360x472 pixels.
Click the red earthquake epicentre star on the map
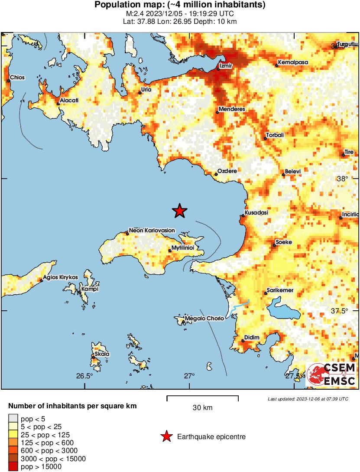coord(179,211)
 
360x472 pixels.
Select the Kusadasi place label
coord(256,213)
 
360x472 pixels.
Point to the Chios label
coord(18,78)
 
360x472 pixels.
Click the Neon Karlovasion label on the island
coord(152,231)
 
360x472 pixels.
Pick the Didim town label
coord(252,337)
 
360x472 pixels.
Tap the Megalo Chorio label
coord(204,319)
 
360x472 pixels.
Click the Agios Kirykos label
coord(61,277)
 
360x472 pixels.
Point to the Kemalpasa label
coord(293,62)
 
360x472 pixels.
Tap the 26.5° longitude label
coord(84,376)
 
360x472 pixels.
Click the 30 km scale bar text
coord(202,408)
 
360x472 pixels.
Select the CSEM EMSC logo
coord(331,375)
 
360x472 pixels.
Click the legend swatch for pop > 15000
coord(13,466)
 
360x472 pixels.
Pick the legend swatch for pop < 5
coord(13,419)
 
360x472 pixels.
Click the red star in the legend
coord(166,436)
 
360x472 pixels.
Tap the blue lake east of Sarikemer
coord(281,309)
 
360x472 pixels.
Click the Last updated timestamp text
coord(308,399)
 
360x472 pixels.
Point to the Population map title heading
coord(180,5)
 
